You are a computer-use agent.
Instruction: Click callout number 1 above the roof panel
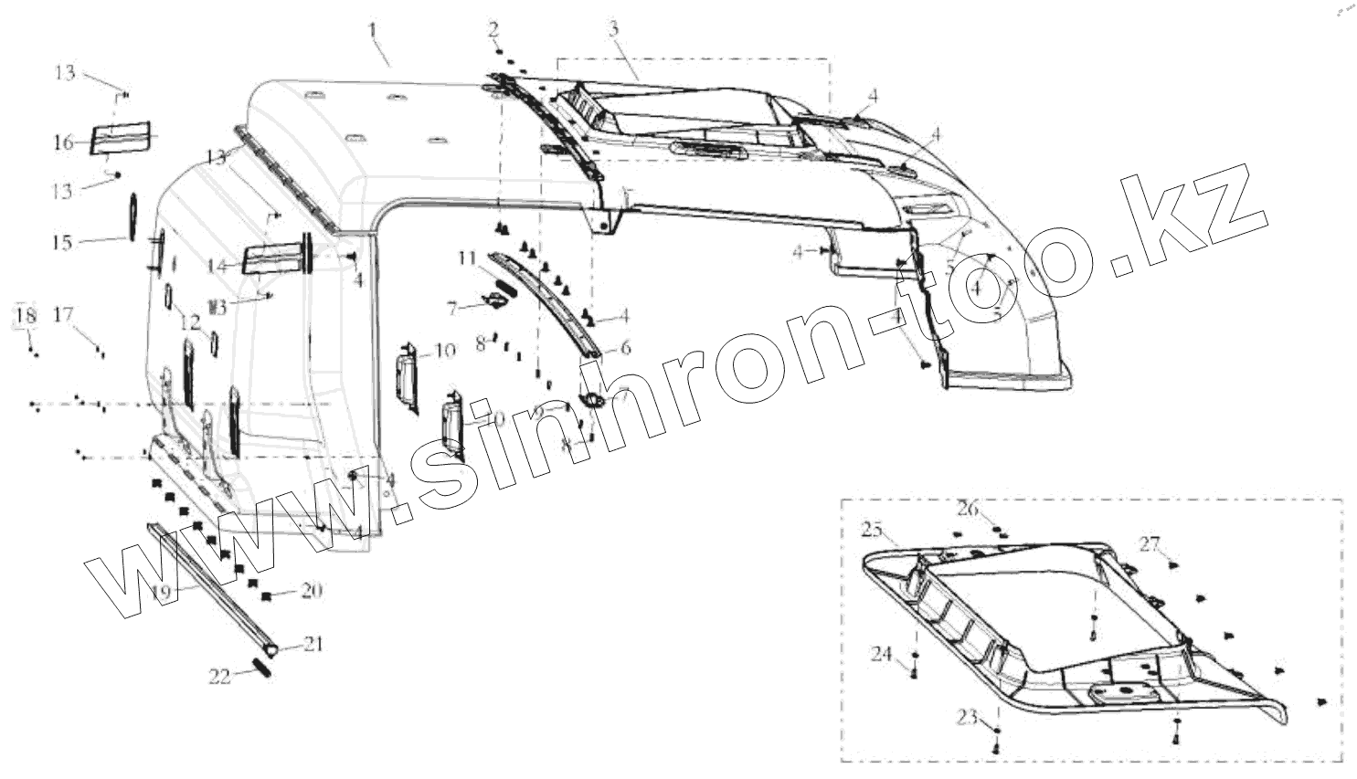373,30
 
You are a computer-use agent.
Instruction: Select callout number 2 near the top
493,27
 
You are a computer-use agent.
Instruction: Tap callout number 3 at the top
614,28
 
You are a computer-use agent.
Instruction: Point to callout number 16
63,142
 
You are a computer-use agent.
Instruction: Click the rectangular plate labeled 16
123,136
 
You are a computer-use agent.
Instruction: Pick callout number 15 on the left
62,243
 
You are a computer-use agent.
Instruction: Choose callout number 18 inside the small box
26,316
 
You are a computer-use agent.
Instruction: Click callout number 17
63,315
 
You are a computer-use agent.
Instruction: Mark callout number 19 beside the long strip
161,592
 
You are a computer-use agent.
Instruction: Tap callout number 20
311,591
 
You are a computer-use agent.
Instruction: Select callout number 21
313,644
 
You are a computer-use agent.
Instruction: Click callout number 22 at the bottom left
219,676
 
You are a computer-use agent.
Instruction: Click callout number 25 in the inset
872,530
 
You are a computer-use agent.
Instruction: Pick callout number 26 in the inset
968,508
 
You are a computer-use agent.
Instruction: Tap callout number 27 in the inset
1149,544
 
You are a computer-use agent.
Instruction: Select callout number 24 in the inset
881,654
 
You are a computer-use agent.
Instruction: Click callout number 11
468,259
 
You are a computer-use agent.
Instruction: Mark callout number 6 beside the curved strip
625,347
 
